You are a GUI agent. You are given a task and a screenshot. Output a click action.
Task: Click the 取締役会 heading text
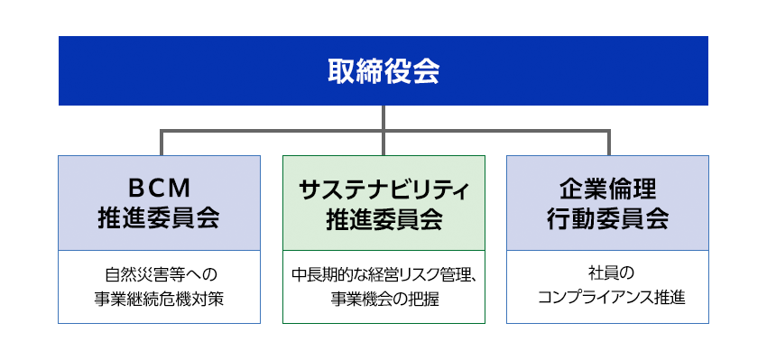point(383,71)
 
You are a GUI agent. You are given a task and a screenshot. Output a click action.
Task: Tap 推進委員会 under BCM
point(159,218)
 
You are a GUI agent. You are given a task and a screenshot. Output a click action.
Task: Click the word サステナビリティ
point(383,189)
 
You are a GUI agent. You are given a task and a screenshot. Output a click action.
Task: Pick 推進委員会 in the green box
point(383,218)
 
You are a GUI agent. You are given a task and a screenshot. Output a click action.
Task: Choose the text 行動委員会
point(607,218)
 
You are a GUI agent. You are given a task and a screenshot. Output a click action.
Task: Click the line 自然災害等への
point(159,272)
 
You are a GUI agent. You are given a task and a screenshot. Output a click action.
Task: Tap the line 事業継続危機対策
point(159,299)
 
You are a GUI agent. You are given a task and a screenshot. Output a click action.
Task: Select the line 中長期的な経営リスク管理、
point(383,272)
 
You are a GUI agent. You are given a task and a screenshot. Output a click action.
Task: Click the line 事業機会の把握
point(383,299)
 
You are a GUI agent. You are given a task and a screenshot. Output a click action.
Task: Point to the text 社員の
point(607,272)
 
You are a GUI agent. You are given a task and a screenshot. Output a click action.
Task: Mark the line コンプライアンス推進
point(607,299)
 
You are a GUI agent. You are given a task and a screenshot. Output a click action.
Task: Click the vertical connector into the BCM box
point(162,143)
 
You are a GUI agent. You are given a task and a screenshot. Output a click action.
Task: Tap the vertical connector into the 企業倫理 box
point(608,143)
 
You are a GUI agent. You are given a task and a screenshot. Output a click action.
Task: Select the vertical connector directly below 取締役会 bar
point(383,117)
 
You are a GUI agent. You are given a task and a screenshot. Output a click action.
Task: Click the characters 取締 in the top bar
point(355,71)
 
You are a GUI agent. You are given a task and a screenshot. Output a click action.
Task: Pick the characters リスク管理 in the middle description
point(432,272)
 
